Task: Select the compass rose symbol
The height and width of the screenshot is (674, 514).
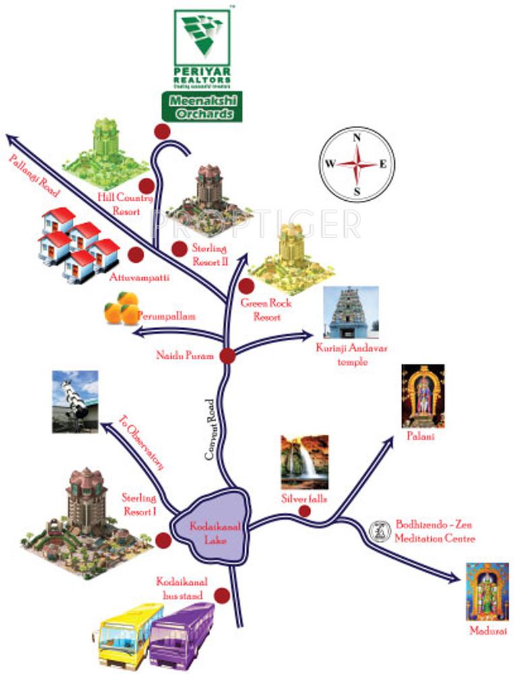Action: [x=357, y=164]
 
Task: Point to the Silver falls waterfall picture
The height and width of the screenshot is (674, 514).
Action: [x=304, y=462]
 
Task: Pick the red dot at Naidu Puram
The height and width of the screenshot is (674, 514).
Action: [x=228, y=357]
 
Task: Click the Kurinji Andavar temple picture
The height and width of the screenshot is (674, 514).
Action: [x=351, y=313]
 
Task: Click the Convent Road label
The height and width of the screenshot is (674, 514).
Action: [x=210, y=430]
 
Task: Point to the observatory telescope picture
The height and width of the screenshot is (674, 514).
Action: [x=75, y=401]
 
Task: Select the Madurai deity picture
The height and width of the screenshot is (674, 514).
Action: [x=487, y=591]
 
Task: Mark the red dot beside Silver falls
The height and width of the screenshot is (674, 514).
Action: [x=304, y=512]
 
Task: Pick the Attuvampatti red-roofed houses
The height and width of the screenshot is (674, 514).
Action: [x=77, y=242]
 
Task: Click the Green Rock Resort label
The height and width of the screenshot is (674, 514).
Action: [x=267, y=310]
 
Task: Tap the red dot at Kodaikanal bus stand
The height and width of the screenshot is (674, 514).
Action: [x=221, y=595]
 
